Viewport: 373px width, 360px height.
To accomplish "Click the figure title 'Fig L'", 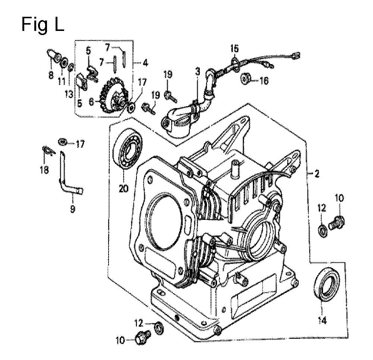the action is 43,24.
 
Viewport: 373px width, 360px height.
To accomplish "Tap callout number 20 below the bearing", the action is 124,189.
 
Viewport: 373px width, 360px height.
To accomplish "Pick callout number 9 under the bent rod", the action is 73,209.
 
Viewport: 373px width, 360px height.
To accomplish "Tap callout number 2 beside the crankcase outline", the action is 316,174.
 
